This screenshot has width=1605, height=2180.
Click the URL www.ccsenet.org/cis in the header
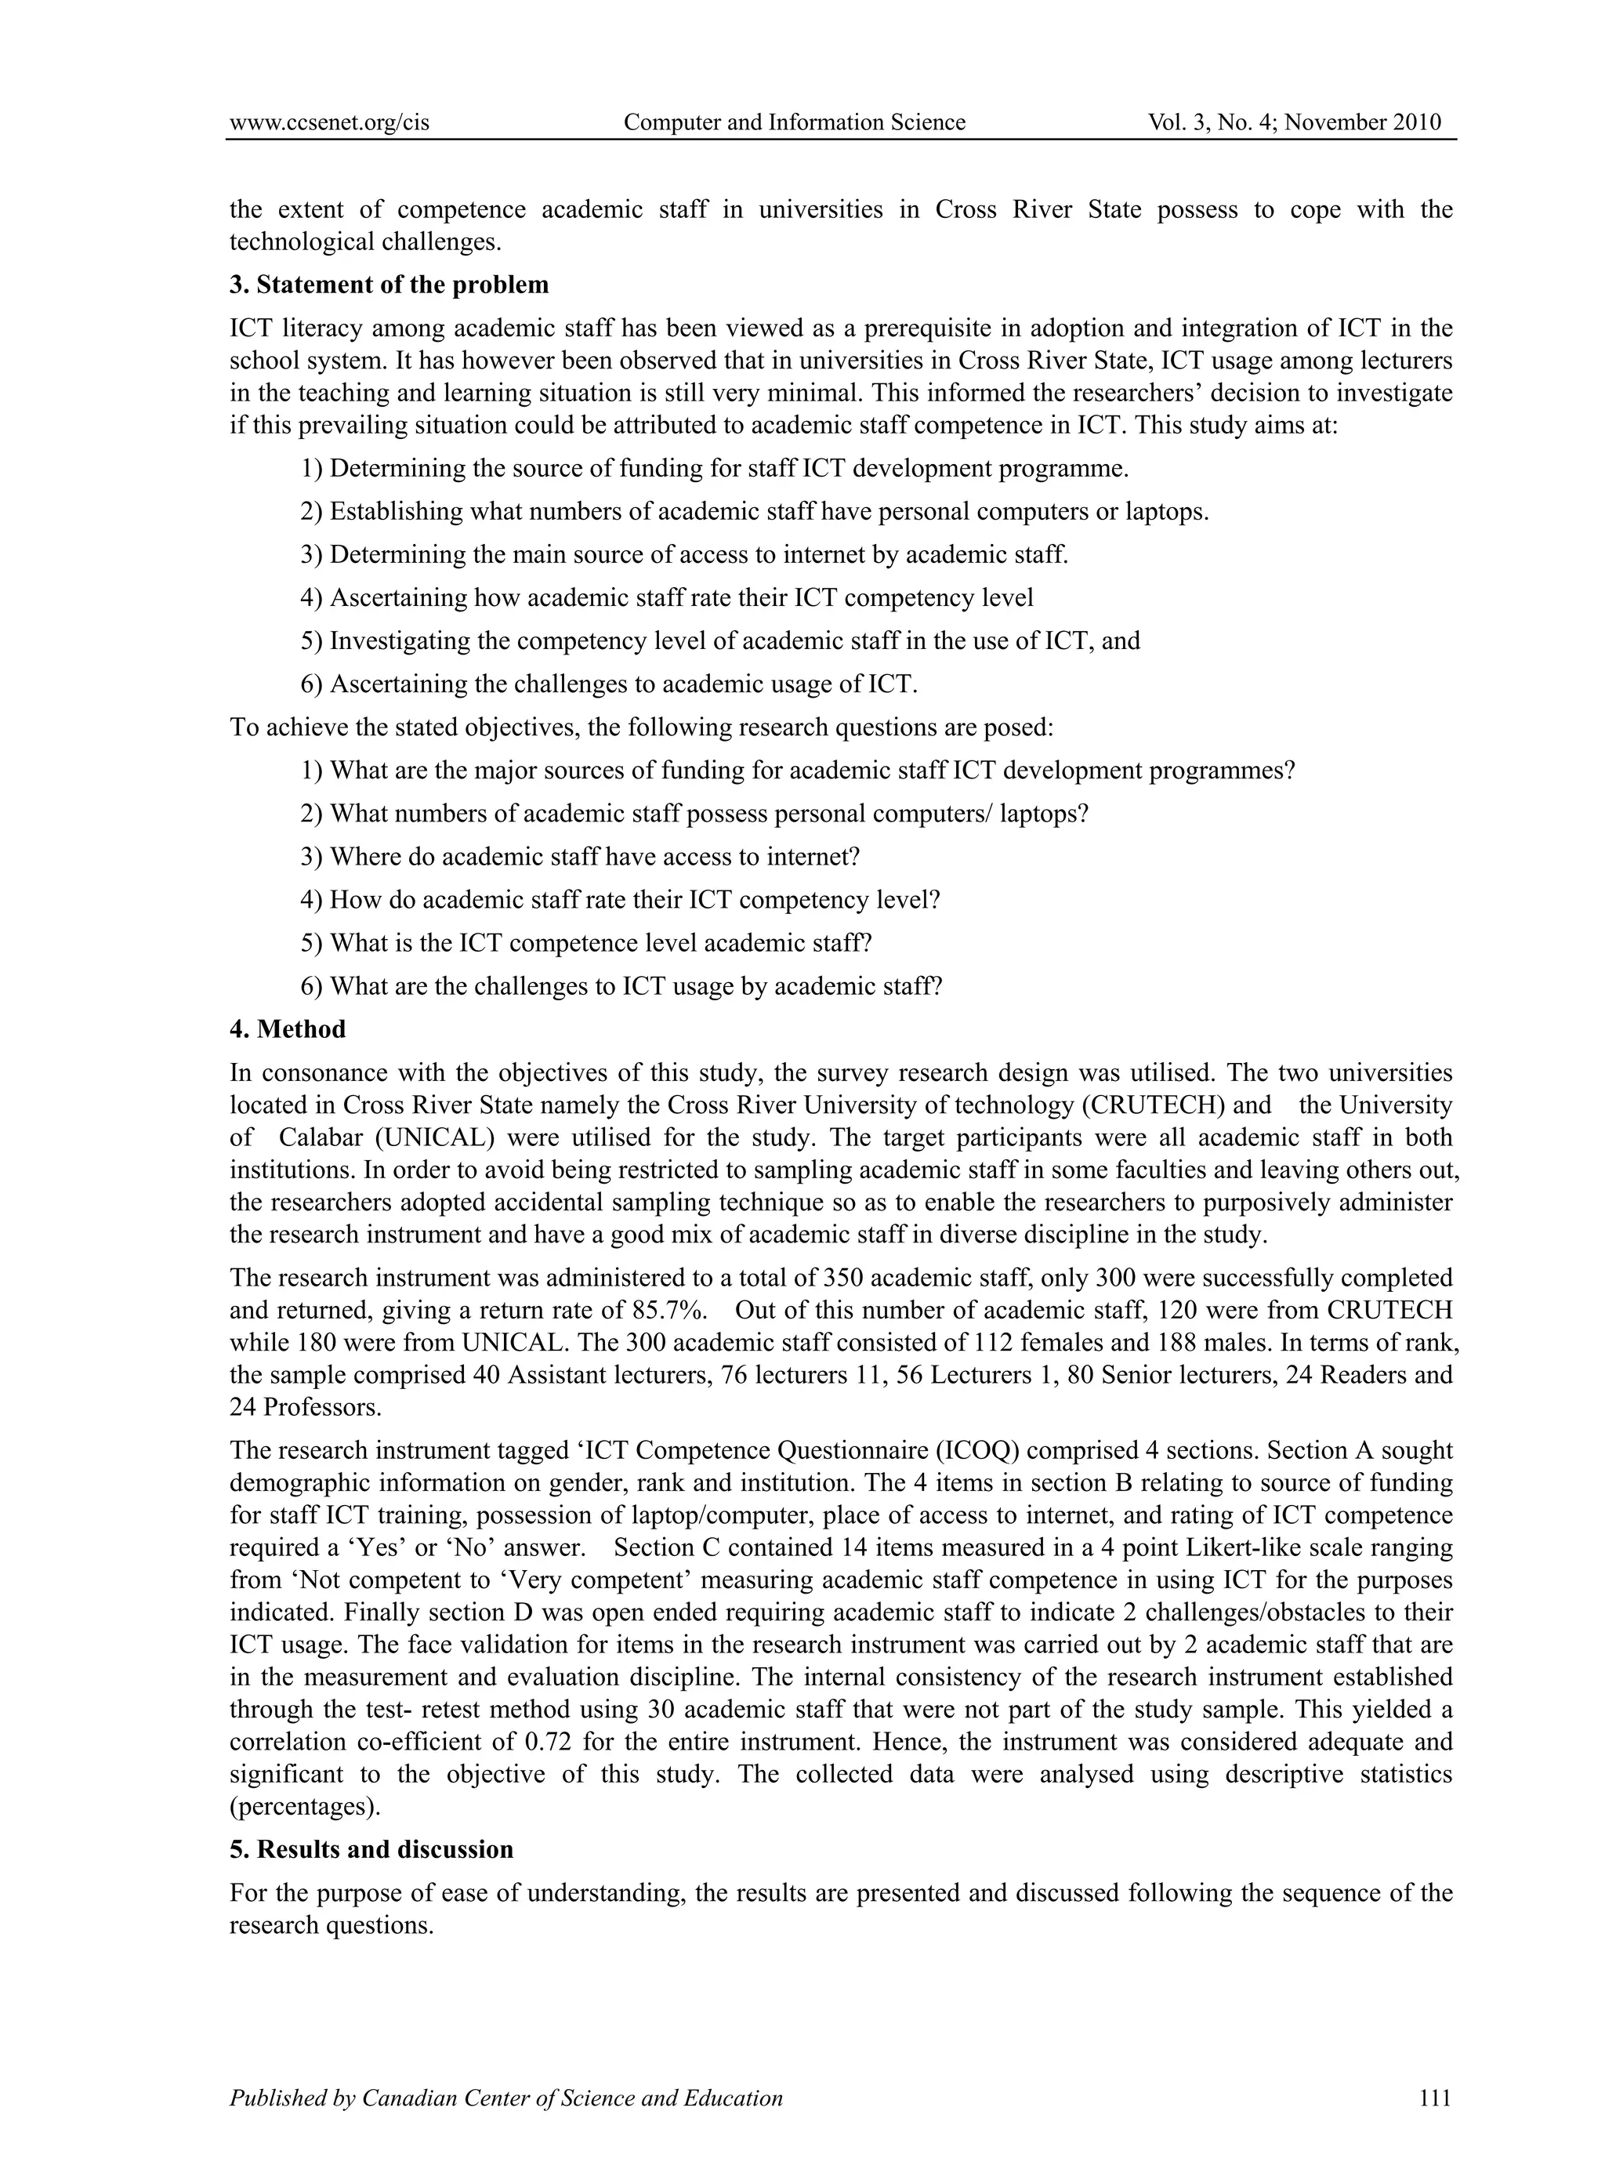click(329, 122)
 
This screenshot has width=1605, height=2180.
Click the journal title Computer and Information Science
click(794, 122)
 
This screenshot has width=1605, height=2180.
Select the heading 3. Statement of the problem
click(389, 285)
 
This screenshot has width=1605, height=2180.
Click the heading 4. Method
click(288, 1028)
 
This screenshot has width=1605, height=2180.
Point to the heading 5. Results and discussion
click(371, 1848)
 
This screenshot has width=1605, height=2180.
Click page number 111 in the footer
click(1434, 2098)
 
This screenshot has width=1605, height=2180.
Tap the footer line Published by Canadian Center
click(505, 2098)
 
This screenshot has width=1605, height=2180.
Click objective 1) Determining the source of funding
click(714, 469)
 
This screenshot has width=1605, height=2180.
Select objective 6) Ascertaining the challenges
click(608, 684)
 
